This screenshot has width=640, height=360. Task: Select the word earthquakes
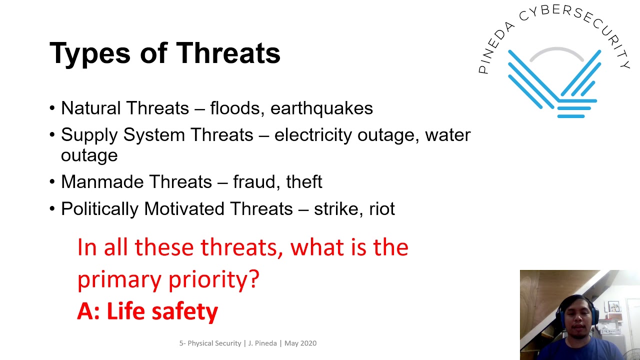point(321,108)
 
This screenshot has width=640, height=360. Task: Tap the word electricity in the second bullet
point(312,135)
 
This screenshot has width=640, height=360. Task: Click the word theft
point(304,181)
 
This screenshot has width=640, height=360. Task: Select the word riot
point(382,208)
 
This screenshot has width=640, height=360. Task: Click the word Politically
point(99,209)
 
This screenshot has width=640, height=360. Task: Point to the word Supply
point(89,135)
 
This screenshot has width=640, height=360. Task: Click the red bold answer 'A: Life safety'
point(147,311)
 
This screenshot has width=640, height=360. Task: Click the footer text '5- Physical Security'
point(210,343)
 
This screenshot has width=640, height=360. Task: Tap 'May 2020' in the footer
point(300,343)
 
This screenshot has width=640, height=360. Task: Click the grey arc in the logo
point(556,50)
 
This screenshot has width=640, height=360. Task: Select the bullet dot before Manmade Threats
point(52,182)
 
